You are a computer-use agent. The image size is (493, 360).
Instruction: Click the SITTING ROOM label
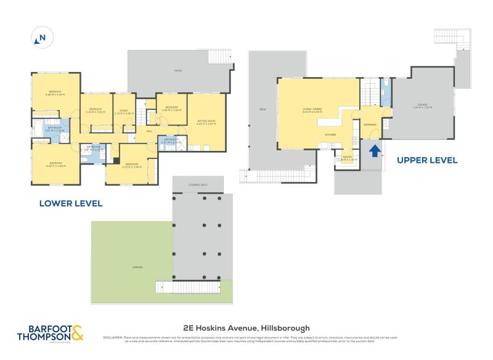205,121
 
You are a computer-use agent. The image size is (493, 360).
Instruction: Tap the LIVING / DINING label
312,110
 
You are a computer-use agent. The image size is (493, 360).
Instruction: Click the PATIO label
177,71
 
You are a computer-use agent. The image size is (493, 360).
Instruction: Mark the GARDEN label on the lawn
137,267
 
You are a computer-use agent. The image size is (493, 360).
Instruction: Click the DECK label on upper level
262,110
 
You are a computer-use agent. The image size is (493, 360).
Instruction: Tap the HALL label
149,131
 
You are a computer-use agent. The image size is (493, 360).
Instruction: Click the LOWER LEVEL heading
70,203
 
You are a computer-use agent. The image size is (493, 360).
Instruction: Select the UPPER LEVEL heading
426,160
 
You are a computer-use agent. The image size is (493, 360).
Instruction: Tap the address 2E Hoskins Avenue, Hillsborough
246,328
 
